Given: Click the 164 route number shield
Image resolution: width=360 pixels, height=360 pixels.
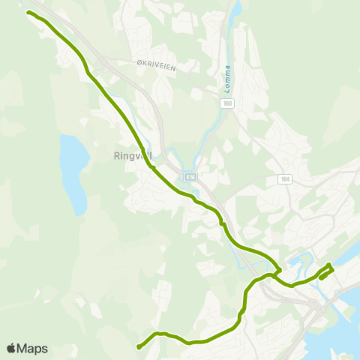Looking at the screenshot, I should coord(284,178).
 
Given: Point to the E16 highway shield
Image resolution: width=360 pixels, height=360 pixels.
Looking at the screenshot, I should coord(190,176).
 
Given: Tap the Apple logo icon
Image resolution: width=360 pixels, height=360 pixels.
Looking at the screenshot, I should coord(11,348).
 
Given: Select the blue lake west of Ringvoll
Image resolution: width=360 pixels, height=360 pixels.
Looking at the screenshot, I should coord(73,172).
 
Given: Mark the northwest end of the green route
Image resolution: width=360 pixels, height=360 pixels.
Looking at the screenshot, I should coord(28,13).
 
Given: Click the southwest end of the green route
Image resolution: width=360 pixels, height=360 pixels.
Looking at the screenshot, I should coord(139,346).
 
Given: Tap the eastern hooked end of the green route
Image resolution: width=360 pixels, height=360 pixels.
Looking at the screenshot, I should coord(322,277).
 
